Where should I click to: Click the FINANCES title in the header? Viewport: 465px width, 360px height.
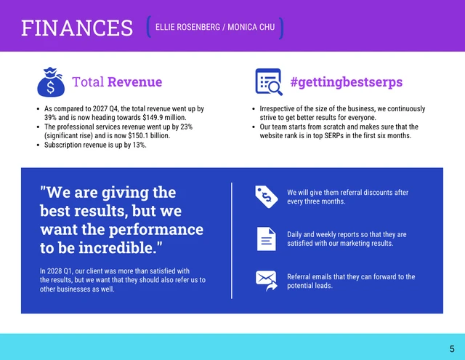[77, 28]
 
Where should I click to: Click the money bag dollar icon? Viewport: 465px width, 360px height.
[51, 82]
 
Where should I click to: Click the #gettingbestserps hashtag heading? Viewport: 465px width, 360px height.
[346, 82]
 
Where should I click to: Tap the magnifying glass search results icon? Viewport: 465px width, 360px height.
[268, 82]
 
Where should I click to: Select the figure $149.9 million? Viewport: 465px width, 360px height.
[163, 117]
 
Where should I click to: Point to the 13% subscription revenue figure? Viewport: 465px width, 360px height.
[138, 145]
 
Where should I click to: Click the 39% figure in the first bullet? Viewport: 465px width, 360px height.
[51, 117]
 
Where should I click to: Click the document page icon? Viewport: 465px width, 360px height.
[266, 239]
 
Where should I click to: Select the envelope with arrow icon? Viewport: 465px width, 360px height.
[266, 281]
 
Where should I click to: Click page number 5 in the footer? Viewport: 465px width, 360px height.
[452, 348]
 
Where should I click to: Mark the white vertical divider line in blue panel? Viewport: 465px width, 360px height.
[232, 240]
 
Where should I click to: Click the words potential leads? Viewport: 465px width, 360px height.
[310, 286]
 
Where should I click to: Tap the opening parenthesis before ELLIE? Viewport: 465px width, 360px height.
[148, 28]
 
